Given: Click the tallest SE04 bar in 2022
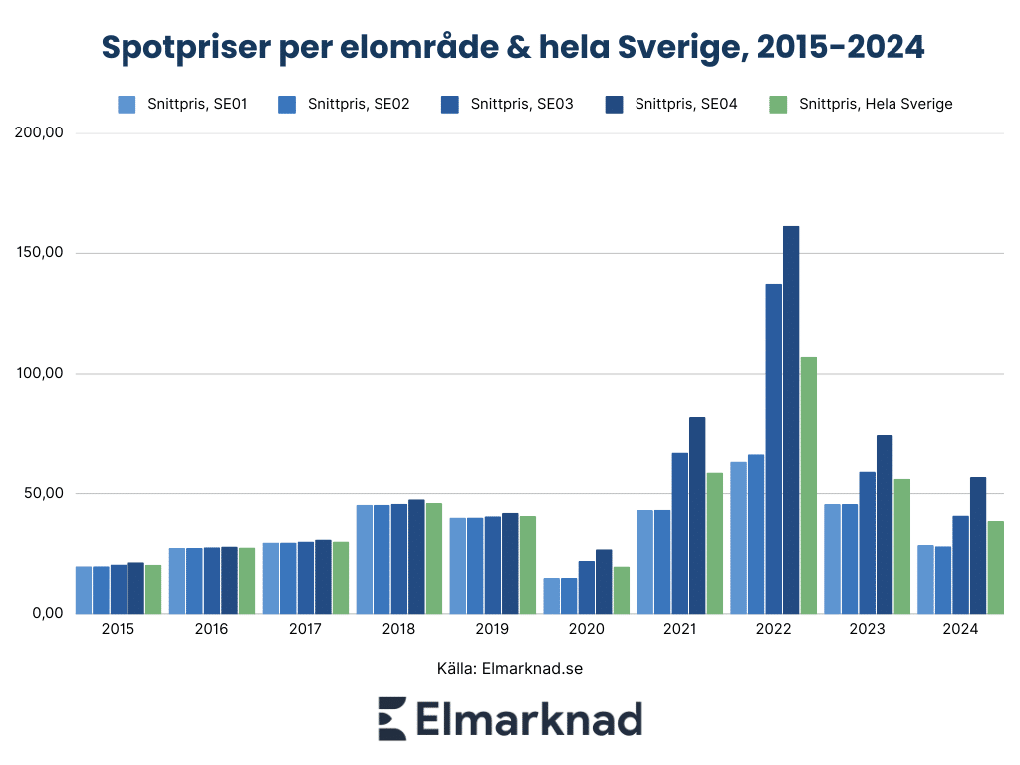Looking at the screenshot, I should (x=791, y=418).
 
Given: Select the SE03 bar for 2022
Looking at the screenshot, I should (x=774, y=448).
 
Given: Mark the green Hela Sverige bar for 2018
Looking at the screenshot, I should (x=434, y=558).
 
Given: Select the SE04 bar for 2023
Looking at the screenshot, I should (x=885, y=524).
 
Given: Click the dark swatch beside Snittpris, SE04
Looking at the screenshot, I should (x=614, y=104).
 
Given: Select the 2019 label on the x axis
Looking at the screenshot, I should (x=492, y=629).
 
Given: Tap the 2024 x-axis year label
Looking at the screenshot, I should (x=960, y=629).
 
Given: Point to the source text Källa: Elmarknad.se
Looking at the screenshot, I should (x=509, y=668).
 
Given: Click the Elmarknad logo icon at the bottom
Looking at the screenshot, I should (x=391, y=719).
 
